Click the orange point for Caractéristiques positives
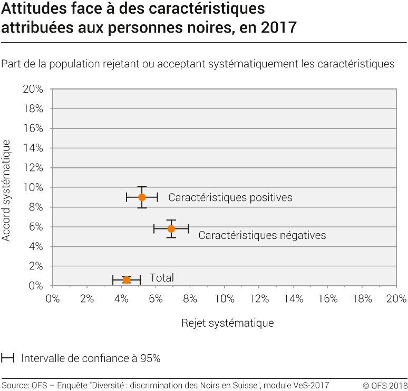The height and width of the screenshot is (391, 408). (x=142, y=197)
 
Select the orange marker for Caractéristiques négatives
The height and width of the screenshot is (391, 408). (x=171, y=229)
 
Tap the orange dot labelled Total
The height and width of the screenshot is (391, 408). (x=127, y=279)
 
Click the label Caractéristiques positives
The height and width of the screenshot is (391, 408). (x=230, y=198)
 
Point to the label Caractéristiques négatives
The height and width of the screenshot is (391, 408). (x=262, y=235)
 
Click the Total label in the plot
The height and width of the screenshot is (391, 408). (x=161, y=278)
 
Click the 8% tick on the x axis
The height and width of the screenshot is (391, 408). (x=190, y=299)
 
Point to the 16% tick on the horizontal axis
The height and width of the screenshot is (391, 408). (x=328, y=299)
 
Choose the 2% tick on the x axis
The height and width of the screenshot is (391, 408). (x=86, y=299)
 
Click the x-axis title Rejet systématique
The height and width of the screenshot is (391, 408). (x=227, y=323)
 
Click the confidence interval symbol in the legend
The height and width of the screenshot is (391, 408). (x=7, y=358)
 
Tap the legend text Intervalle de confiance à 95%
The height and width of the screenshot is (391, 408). (x=91, y=358)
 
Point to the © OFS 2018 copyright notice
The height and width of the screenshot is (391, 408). (x=385, y=385)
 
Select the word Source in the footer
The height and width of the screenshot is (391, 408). (x=15, y=385)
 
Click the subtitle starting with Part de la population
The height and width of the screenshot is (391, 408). (x=198, y=64)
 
